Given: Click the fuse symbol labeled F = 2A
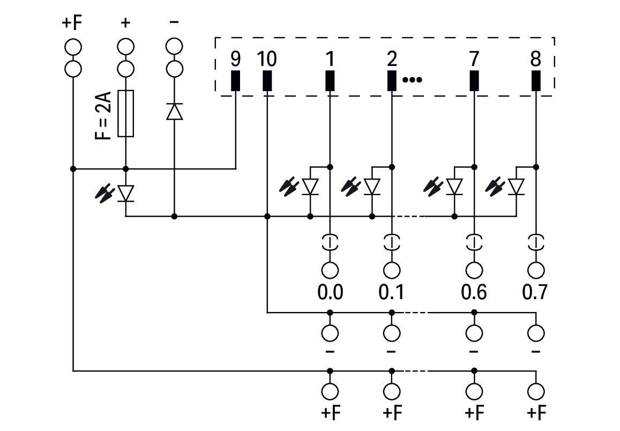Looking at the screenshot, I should (125, 114).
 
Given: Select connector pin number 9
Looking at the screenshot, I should (236, 80).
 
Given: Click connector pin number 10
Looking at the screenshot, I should (267, 80).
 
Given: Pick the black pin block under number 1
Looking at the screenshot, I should (330, 80).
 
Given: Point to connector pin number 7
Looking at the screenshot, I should (474, 80).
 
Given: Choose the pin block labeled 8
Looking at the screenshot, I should (535, 80).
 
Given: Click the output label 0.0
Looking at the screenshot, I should (330, 293).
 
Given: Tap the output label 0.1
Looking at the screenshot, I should (392, 293).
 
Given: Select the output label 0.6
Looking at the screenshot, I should (474, 293).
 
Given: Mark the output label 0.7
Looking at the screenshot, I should (535, 293).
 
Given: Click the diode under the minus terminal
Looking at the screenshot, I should (174, 112).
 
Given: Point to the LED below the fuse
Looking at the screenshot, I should (125, 193).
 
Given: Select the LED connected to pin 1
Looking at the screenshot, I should (310, 187).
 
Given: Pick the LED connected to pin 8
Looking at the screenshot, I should (516, 187).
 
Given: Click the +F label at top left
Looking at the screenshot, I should (73, 24).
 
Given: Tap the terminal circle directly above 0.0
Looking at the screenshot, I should (330, 270).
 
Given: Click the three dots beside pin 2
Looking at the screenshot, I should (412, 80).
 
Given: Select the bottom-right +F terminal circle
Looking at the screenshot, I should (535, 390).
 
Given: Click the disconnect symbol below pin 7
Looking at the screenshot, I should (474, 242).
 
